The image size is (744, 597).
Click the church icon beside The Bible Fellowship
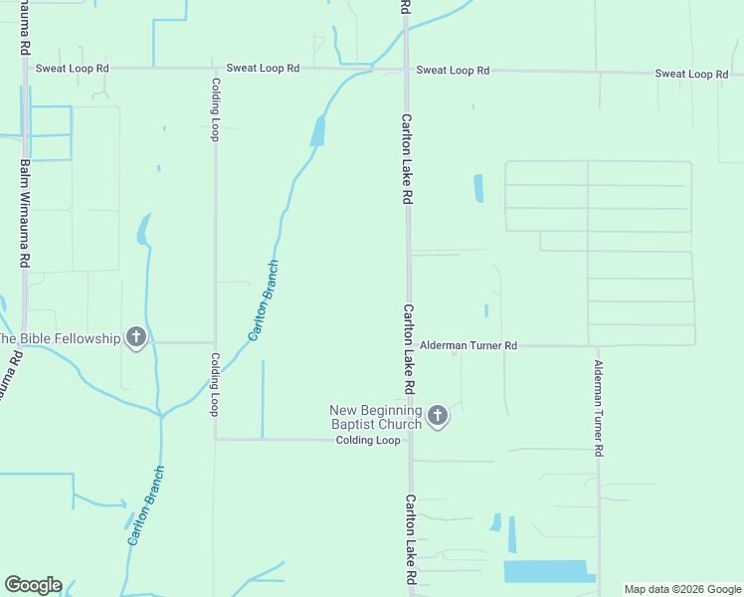(136, 338)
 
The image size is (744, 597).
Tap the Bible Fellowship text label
(60, 338)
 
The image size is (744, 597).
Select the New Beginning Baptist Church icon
(438, 416)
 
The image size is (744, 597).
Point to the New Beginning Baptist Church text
(377, 418)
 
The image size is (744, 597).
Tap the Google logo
(33, 585)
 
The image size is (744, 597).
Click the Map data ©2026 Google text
(681, 589)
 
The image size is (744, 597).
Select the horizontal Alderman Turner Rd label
(468, 345)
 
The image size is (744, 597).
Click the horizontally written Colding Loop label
(367, 440)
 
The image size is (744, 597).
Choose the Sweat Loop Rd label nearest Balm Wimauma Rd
(72, 69)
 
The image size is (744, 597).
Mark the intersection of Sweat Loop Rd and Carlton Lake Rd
(406, 70)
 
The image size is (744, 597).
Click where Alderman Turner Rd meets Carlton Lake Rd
(408, 345)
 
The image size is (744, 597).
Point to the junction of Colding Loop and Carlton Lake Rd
(408, 439)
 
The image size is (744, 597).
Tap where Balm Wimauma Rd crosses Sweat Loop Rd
(25, 68)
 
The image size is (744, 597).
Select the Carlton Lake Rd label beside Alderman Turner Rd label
(408, 348)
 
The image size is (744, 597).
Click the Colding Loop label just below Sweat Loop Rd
(214, 109)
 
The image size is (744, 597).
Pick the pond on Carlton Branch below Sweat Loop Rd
(317, 131)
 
